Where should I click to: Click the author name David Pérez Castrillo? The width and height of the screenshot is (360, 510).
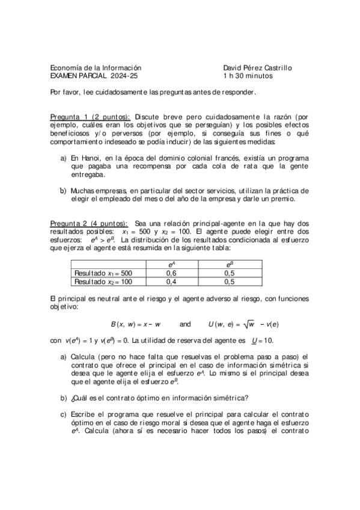[257, 68]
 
